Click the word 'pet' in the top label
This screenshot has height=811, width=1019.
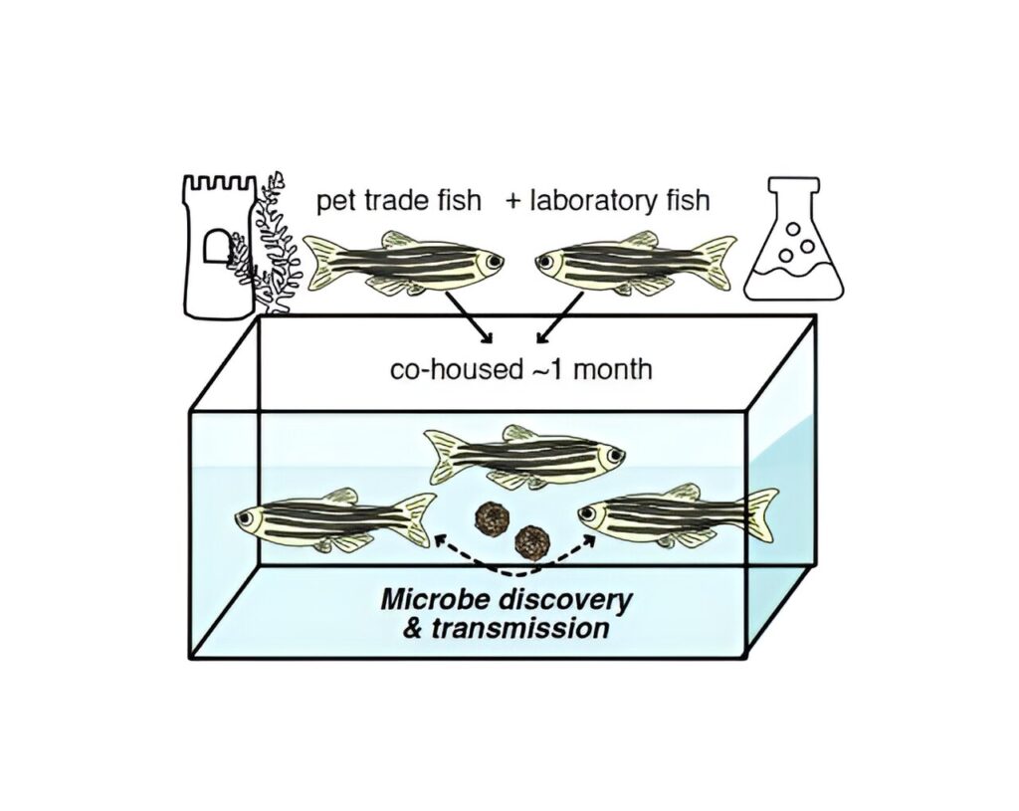pyautogui.click(x=335, y=201)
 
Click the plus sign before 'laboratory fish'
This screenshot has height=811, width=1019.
pyautogui.click(x=513, y=201)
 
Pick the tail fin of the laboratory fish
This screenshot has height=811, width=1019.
pyautogui.click(x=713, y=261)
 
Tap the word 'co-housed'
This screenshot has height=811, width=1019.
pyautogui.click(x=456, y=369)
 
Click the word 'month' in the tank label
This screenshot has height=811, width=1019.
pyautogui.click(x=613, y=369)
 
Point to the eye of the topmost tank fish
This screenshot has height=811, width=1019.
pyautogui.click(x=612, y=456)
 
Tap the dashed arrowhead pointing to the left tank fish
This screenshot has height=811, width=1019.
pyautogui.click(x=441, y=538)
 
